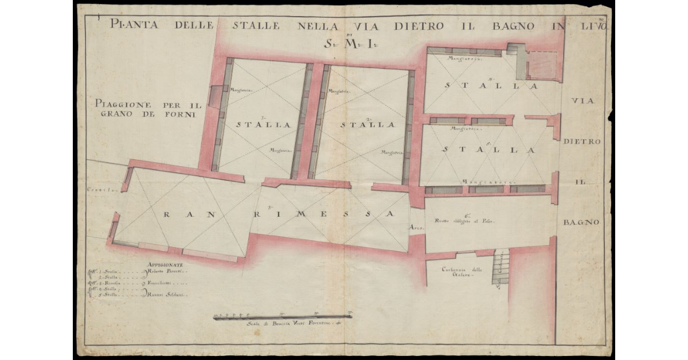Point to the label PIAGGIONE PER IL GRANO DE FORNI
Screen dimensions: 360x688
pos(147,109)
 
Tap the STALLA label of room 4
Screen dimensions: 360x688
pos(490,85)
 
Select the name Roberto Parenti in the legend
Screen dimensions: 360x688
pos(167,273)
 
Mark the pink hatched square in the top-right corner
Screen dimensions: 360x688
pos(541,65)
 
